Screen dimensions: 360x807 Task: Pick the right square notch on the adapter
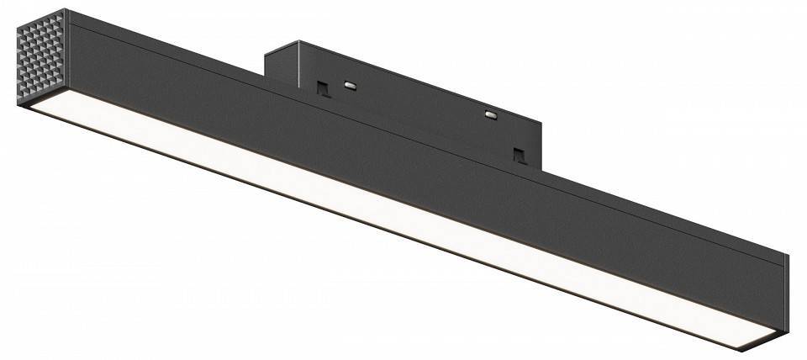point(520,156)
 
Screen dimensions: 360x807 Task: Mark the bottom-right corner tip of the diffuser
point(743,347)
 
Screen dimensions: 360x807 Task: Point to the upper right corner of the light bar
point(788,255)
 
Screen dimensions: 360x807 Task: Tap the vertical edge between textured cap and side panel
point(66,59)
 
